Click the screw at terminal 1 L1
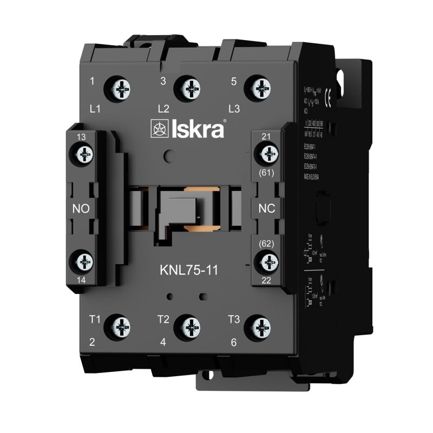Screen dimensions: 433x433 [120, 87]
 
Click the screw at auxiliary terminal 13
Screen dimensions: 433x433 [83, 156]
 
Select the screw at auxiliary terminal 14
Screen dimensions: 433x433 [83, 262]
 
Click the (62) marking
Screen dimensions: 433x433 [267, 244]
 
